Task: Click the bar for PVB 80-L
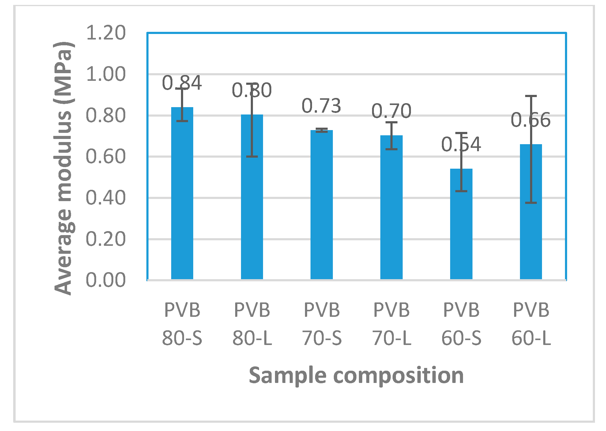pos(252,202)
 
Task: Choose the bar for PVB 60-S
pos(461,227)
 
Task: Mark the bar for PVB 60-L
pos(531,214)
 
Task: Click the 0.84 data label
pos(182,83)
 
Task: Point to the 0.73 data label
pos(322,106)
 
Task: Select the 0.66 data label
pos(531,120)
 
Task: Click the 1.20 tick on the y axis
pos(106,33)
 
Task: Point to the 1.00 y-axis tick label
pos(106,74)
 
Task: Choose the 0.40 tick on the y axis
pos(106,198)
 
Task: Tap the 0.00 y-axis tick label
pos(106,280)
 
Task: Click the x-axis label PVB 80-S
pos(182,324)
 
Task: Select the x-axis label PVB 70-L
pos(392,324)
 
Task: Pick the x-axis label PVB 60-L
pos(531,324)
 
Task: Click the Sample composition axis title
pos(356,375)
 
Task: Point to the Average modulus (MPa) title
pos(63,168)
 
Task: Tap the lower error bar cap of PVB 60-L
pos(531,203)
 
